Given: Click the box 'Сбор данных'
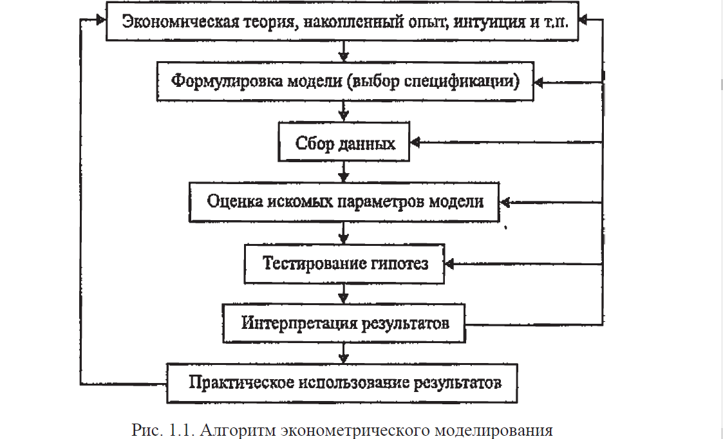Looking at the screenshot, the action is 344,142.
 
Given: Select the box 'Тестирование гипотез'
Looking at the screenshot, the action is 344,264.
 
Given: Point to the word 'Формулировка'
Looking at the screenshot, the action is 227,80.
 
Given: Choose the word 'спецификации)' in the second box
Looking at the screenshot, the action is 462,80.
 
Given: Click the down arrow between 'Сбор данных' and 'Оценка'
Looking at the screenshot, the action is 343,172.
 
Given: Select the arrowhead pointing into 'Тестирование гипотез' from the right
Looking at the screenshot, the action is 449,264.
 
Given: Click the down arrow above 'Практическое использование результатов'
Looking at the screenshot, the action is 343,353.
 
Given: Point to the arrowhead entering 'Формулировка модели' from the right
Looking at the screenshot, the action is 539,82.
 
